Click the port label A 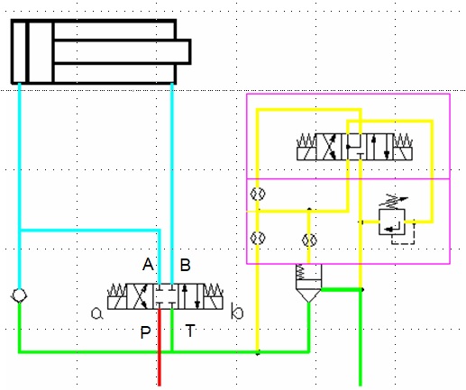pos(148,265)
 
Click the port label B pos(185,265)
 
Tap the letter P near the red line pos(145,332)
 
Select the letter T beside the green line pos(190,331)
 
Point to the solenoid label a pos(96,313)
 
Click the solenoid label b pos(237,311)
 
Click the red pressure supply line pos(160,348)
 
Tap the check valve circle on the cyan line pos(19,296)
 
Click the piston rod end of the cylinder pos(189,51)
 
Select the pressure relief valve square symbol pos(392,222)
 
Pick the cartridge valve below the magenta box pos(308,283)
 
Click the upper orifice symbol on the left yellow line pos(258,194)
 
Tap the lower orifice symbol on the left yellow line pos(258,238)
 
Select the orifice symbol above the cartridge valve pos(309,240)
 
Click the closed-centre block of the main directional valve pos(166,296)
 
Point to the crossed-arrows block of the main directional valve pos(140,296)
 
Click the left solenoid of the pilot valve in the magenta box pos(306,147)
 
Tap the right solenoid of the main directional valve pos(214,296)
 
